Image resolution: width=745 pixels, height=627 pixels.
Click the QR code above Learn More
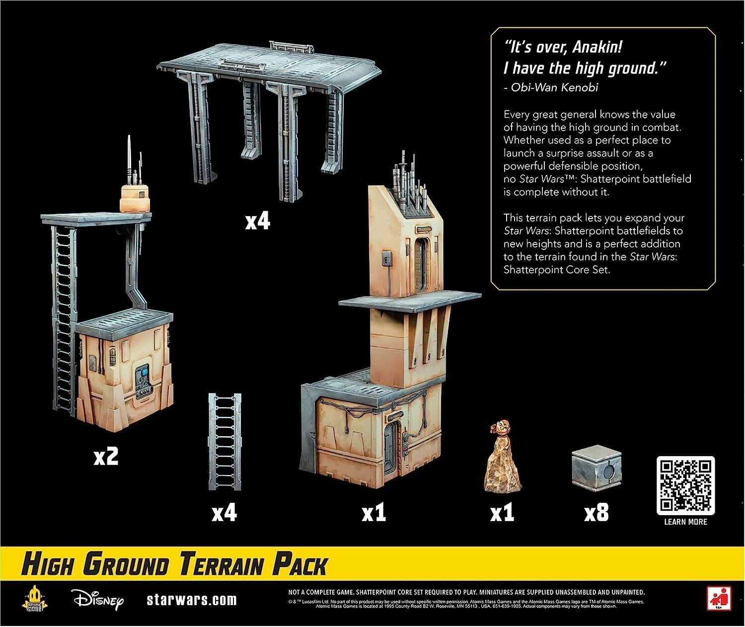point(685,485)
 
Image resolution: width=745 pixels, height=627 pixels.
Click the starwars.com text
point(192,600)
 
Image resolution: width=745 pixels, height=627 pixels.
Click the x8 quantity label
point(596,513)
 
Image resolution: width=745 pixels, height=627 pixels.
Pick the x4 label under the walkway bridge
point(257,221)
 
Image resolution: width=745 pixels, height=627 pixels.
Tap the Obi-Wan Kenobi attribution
point(551,87)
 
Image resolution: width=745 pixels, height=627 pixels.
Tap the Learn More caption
point(685,522)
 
